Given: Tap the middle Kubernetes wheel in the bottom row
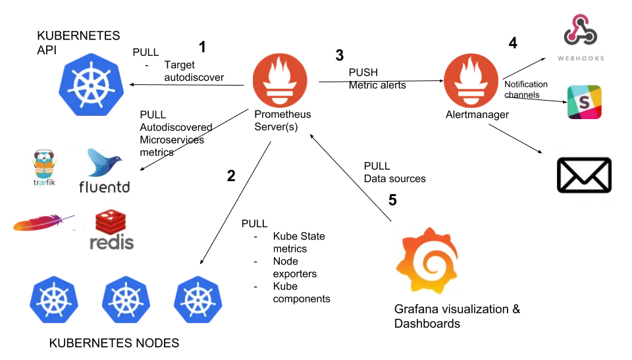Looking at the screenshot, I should pos(125,299).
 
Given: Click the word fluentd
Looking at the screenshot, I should pos(105,187).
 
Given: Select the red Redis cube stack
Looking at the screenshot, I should pos(111,222).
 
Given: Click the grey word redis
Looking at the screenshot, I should pos(111,242).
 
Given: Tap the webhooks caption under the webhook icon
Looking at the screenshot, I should pos(579,58).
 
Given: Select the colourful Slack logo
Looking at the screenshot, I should pos(585,102).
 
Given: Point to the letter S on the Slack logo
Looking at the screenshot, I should pos(583,103).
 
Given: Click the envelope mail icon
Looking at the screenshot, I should pos(584,175).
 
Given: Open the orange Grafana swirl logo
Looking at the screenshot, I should pos(427,259).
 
